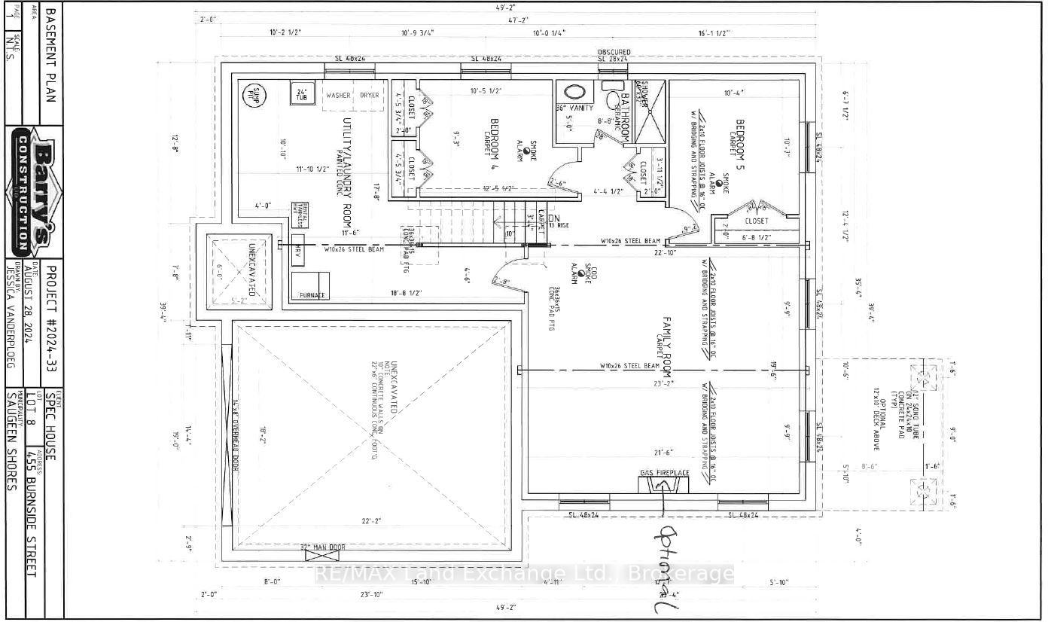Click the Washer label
pos(338,96)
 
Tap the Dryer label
pos(370,96)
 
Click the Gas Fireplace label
pos(665,473)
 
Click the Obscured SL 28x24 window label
pos(614,56)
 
